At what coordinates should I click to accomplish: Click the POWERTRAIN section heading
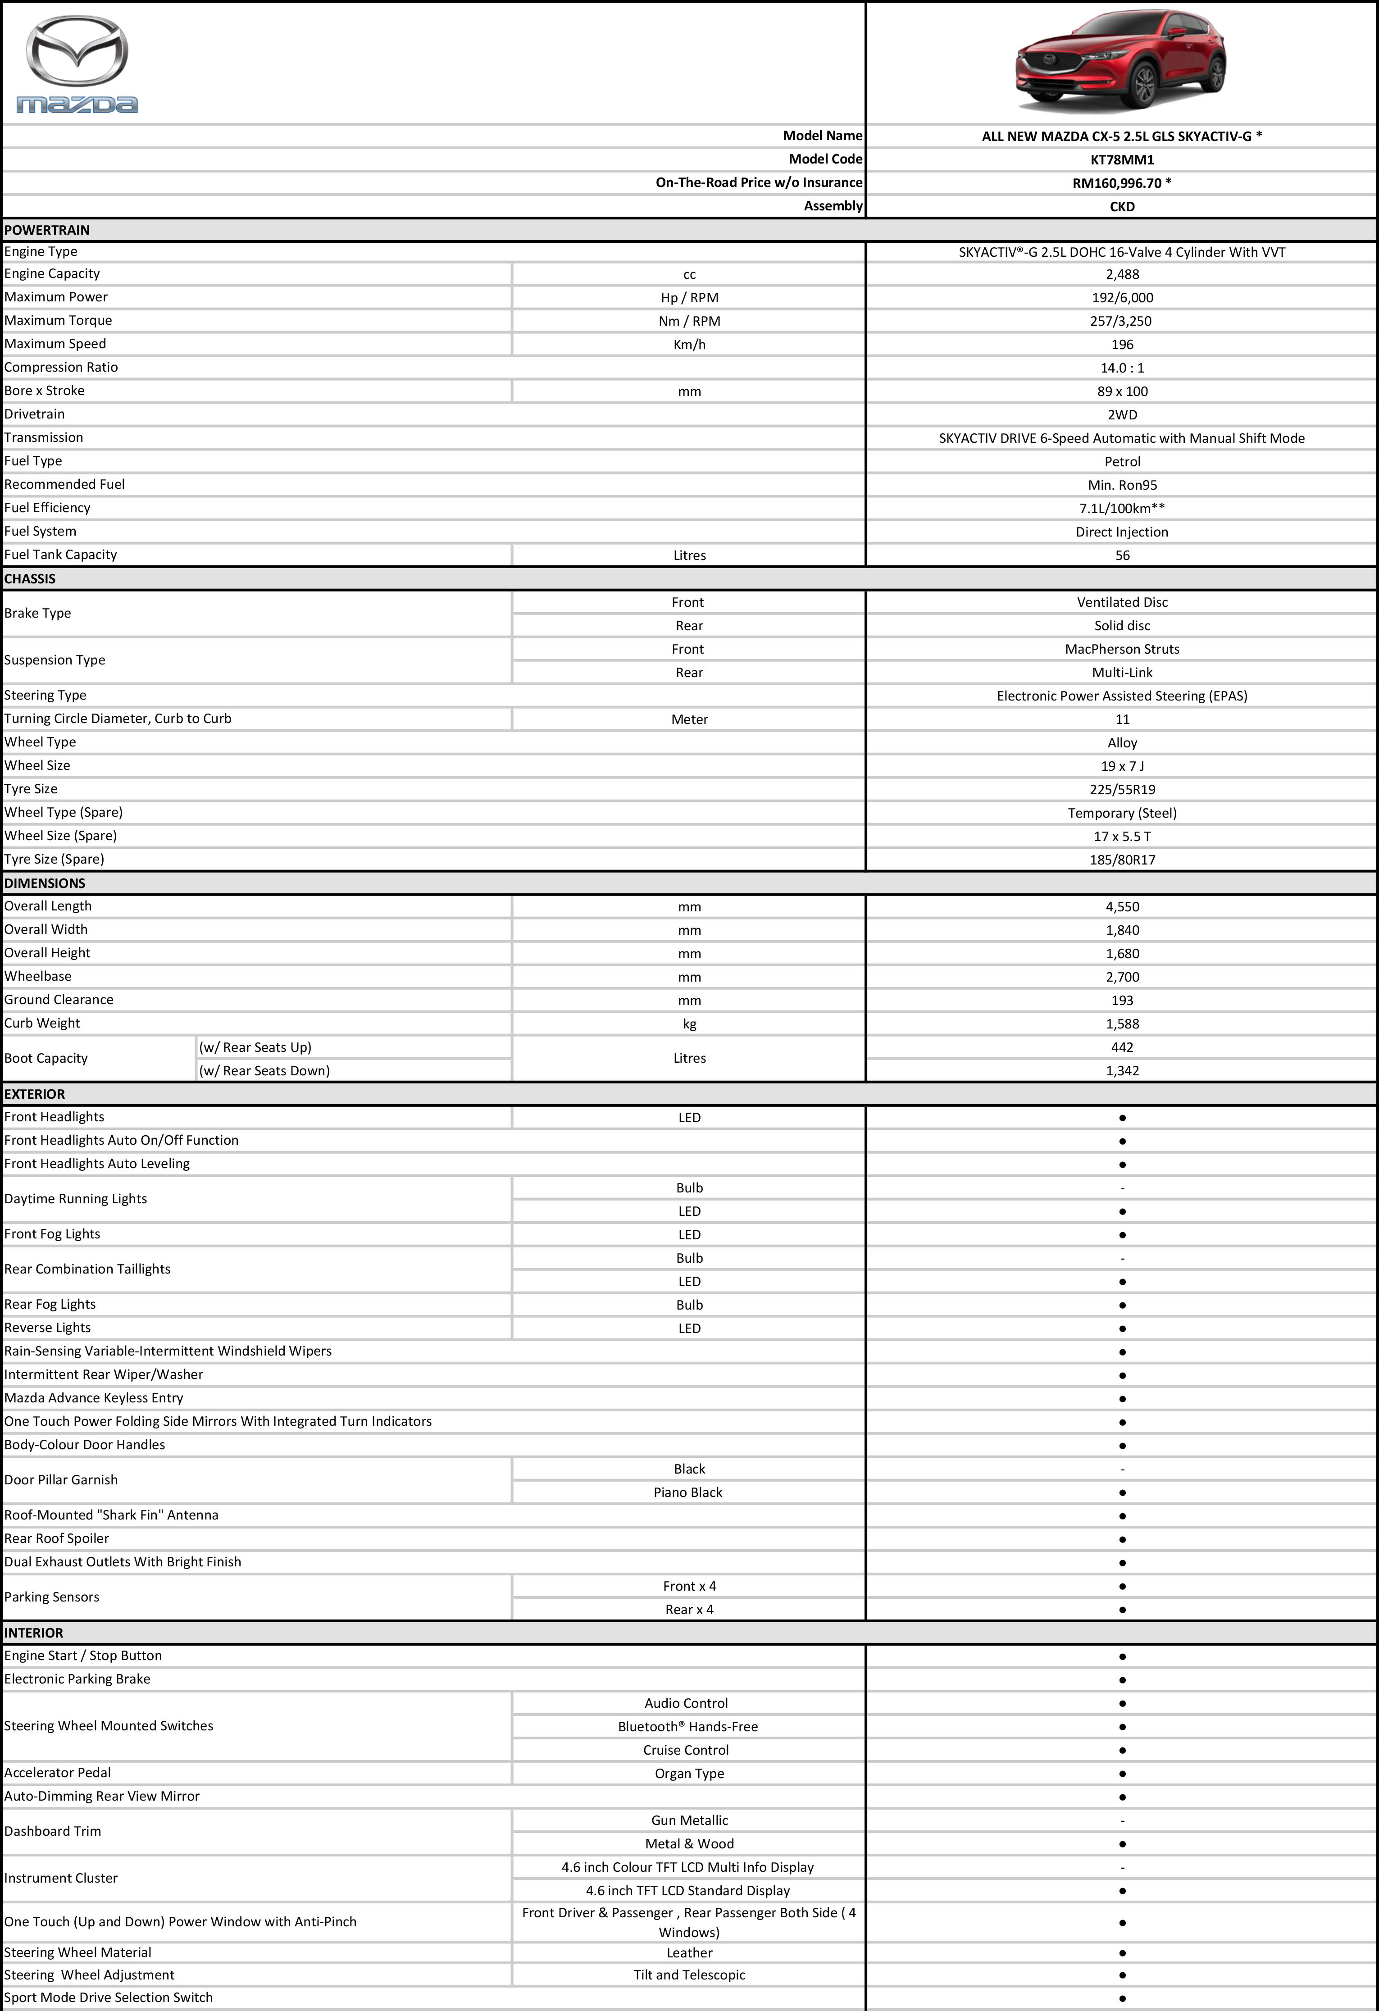[x=47, y=230]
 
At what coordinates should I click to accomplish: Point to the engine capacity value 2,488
[x=1122, y=274]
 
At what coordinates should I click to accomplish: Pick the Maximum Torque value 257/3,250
[x=1122, y=321]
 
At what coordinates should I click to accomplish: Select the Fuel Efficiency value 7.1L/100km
[x=1122, y=508]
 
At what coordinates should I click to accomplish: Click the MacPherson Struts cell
[x=1122, y=649]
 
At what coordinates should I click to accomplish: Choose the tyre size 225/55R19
[x=1122, y=789]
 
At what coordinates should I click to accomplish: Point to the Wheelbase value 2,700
[x=1122, y=977]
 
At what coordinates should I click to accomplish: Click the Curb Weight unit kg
[x=689, y=1024]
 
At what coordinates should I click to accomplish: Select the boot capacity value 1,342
[x=1122, y=1070]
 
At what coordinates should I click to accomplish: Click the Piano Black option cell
[x=688, y=1492]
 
